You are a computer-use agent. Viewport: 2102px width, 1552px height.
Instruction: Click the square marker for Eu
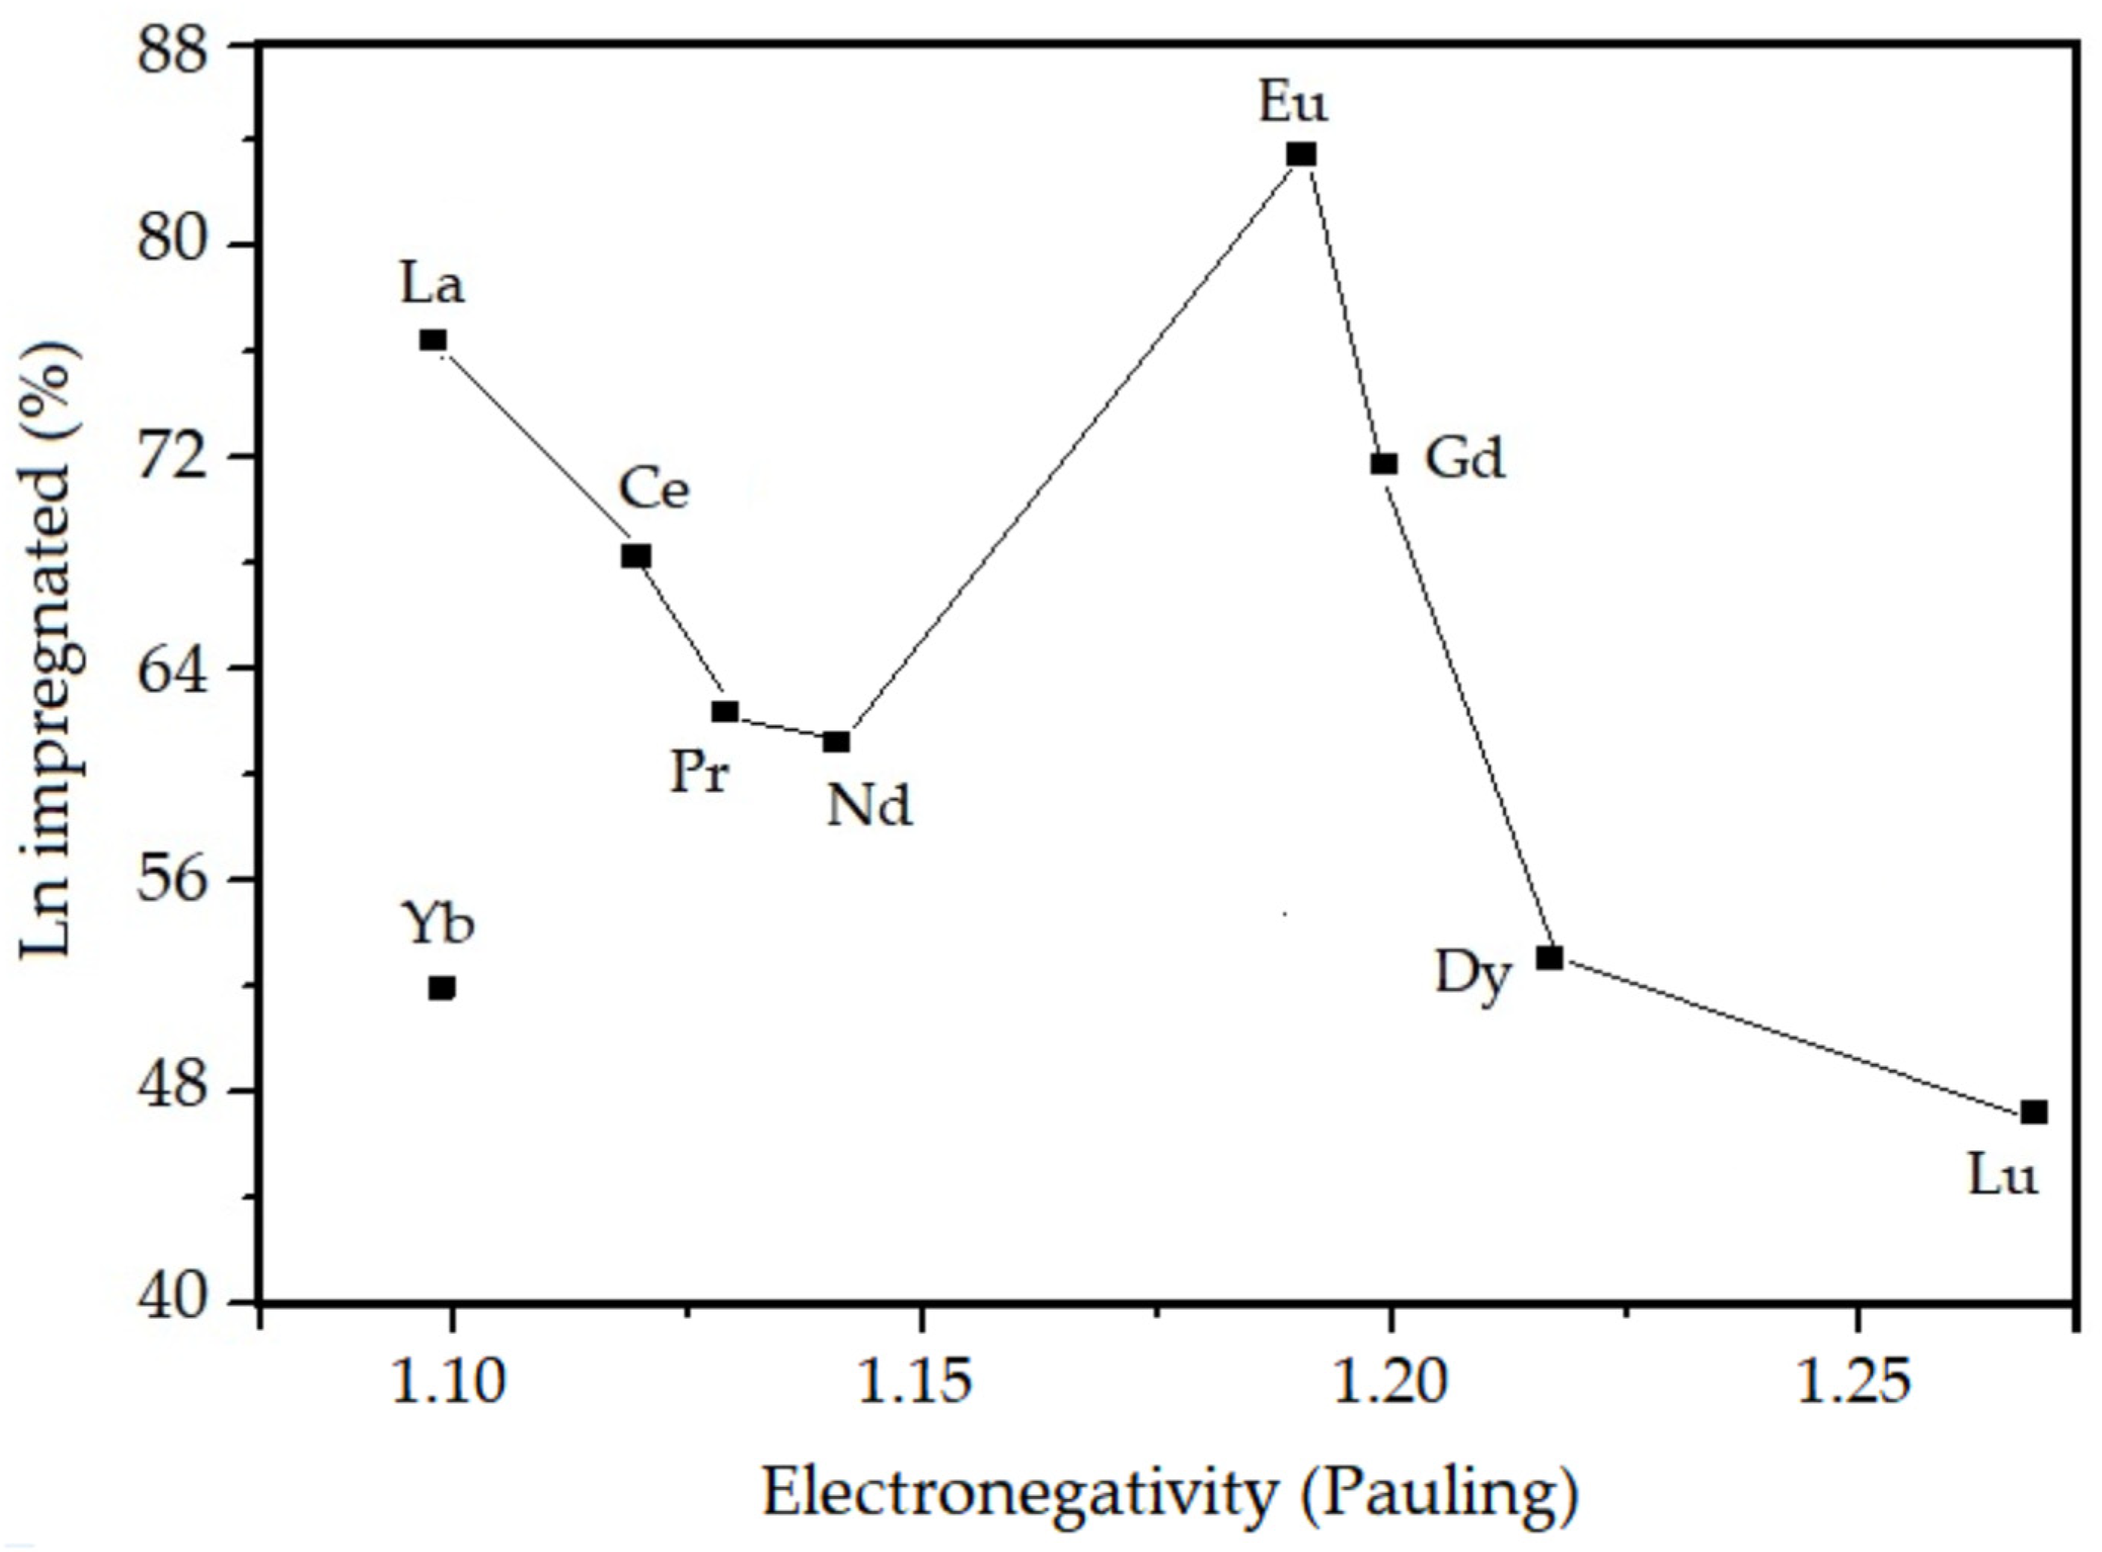point(1302,154)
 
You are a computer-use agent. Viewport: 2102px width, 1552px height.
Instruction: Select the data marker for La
point(433,339)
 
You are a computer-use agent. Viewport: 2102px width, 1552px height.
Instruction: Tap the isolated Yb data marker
point(442,987)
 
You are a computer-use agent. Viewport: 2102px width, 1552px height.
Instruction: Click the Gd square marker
point(1384,463)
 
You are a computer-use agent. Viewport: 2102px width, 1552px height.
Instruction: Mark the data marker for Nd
point(836,742)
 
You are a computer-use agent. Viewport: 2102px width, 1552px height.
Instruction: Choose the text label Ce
point(654,490)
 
